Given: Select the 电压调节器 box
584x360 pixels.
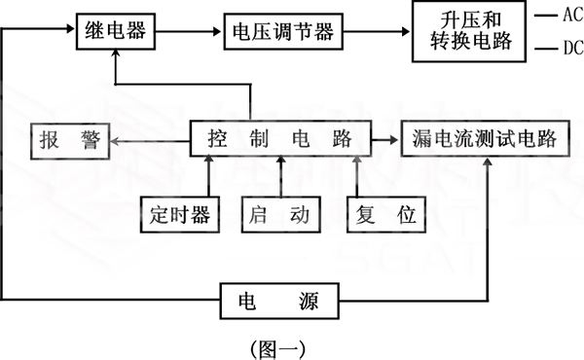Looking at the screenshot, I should [x=281, y=30].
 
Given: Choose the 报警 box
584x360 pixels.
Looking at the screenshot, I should [x=69, y=140].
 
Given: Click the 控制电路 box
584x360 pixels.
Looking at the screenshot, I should [x=279, y=140].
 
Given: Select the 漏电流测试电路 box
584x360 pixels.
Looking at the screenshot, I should [x=485, y=140].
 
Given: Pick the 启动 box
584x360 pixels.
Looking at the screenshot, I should [x=280, y=214].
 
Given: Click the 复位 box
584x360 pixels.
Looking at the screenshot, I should [x=387, y=214].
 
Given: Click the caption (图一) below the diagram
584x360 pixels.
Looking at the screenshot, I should [x=279, y=344].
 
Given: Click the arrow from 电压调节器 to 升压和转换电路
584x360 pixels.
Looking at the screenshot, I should [x=376, y=30].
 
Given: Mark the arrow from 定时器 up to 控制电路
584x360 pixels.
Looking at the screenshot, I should [x=206, y=177].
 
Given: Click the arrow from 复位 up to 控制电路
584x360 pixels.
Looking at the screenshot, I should [x=359, y=177].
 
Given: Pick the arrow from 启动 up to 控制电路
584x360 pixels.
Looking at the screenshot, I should [x=282, y=177].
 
